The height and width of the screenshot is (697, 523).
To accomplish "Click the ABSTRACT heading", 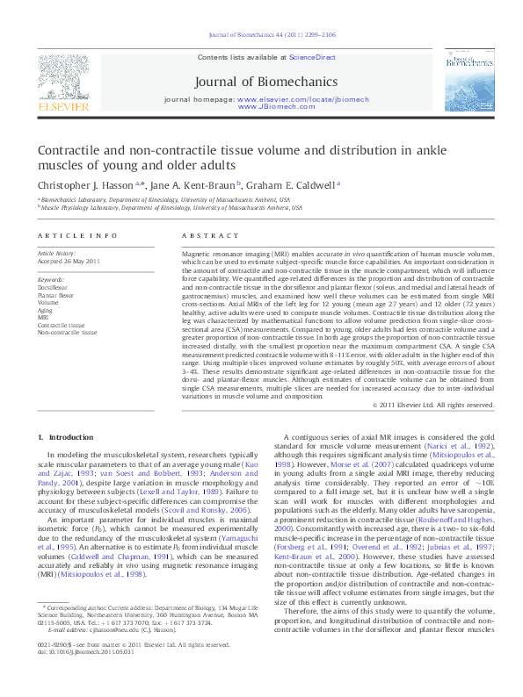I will click(202, 236).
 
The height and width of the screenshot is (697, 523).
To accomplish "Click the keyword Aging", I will click(46, 310).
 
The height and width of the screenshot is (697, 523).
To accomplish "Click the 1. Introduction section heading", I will click(68, 436).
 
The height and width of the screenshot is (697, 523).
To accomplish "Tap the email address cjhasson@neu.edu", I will click(109, 655).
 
